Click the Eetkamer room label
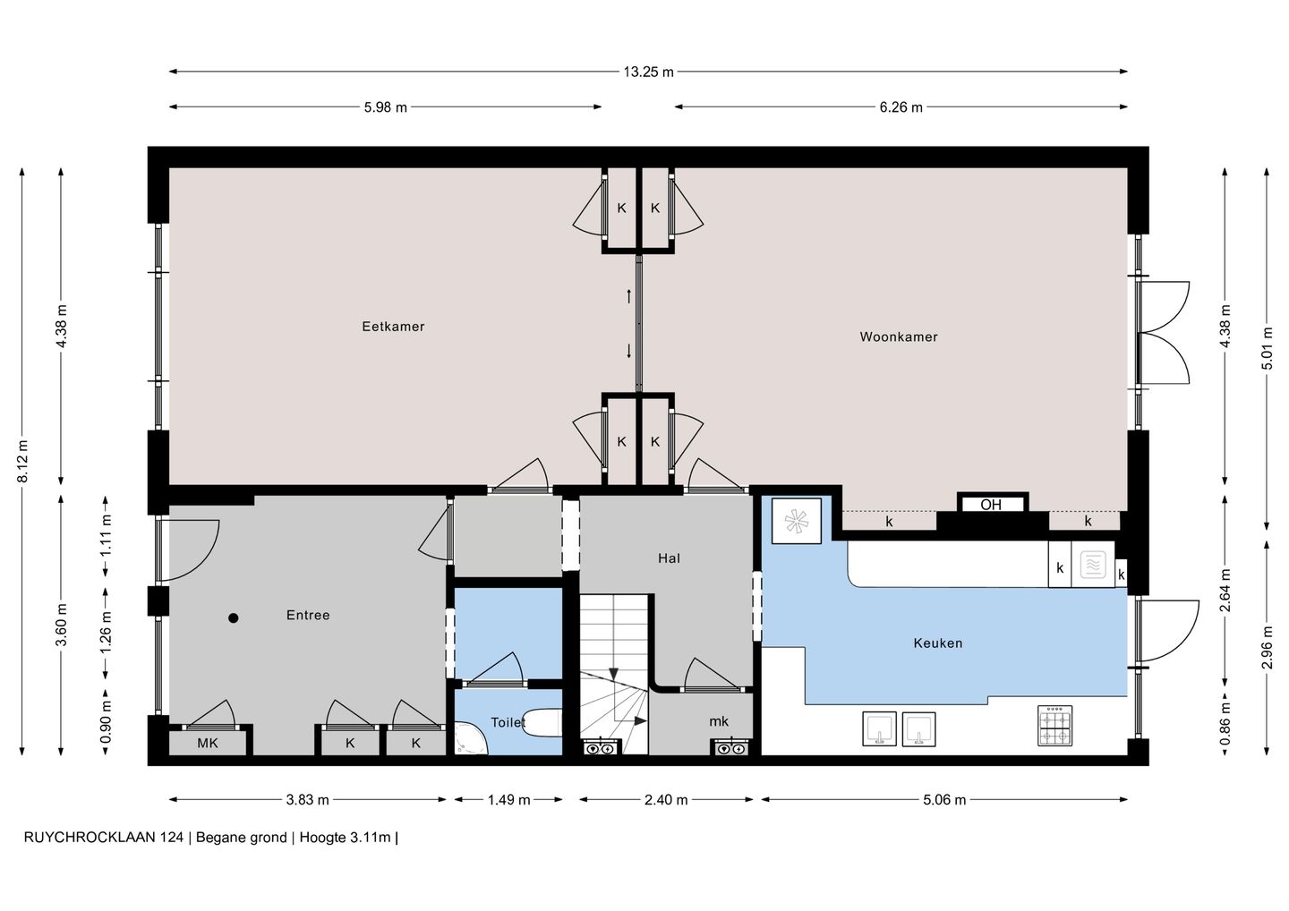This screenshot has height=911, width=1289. point(393,327)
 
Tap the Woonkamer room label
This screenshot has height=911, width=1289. point(899,337)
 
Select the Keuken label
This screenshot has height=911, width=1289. point(938,643)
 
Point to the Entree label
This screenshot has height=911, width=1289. point(308,616)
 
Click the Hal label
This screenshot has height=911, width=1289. point(669,558)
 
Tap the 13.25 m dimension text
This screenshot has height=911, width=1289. point(648,72)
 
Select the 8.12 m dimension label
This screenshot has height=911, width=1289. point(22,461)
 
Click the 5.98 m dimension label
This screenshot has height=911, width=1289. point(386,107)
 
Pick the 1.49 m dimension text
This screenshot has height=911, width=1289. point(509,800)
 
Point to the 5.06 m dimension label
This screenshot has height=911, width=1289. point(944,800)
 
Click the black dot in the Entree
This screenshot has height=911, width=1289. point(233,618)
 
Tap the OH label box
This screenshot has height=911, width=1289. point(991,505)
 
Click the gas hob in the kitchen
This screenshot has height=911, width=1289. point(1054,726)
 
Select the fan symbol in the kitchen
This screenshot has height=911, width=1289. point(797,521)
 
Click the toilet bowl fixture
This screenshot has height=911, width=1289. point(542,723)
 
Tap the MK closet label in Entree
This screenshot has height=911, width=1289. point(208,743)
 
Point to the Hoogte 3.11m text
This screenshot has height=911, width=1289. point(346,838)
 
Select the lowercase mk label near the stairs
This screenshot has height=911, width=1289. point(719,721)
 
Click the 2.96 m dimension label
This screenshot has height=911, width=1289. point(1267,648)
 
